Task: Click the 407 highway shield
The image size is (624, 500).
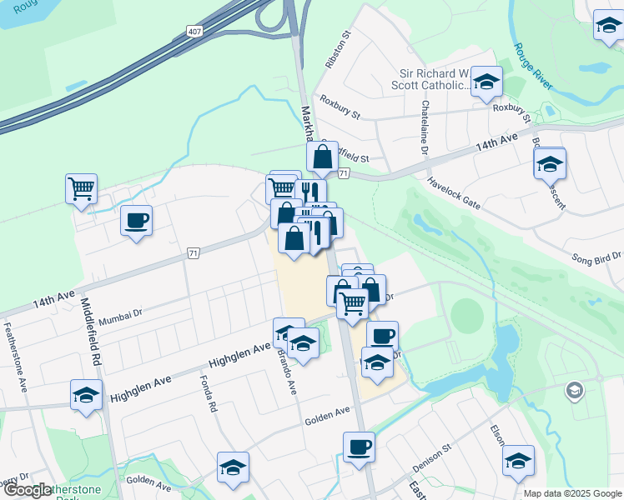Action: coord(194,31)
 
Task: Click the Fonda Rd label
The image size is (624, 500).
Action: coord(208,394)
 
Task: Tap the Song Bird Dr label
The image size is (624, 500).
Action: coord(596,259)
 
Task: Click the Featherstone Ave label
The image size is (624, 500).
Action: coord(14,354)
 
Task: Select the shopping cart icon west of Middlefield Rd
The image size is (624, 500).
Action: coord(81,189)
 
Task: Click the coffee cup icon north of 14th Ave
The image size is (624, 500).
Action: coord(136,221)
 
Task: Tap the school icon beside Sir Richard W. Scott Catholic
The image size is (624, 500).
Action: coord(486,82)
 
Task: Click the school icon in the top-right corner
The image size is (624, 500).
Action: coord(608,27)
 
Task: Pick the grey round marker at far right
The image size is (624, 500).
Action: coord(574,389)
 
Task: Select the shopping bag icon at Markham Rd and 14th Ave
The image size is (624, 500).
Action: coord(322,157)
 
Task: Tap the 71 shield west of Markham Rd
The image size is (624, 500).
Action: coord(194,252)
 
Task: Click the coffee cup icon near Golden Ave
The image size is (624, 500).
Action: coord(359,447)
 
